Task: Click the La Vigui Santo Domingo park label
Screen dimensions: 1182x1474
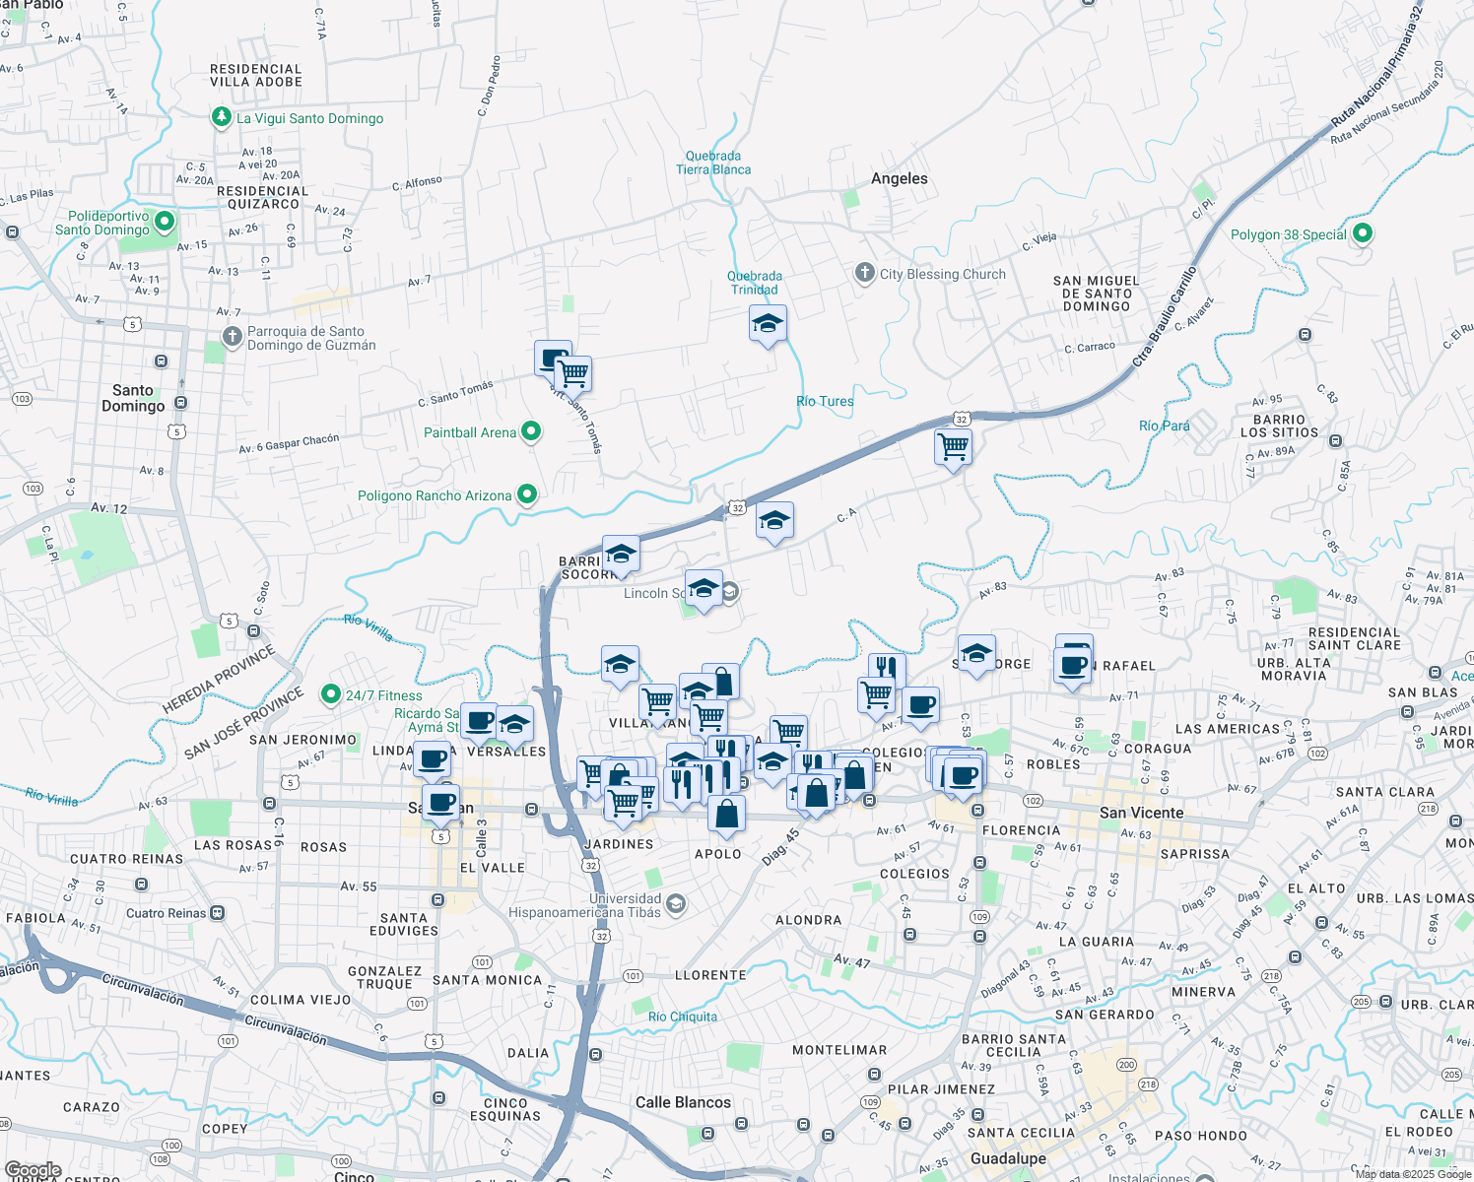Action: click(x=309, y=118)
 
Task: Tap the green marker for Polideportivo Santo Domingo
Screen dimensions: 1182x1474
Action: click(x=166, y=222)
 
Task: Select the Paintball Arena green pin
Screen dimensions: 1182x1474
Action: click(x=531, y=431)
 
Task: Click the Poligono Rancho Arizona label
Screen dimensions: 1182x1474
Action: click(x=435, y=495)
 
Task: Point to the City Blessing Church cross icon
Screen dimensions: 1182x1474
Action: click(x=865, y=273)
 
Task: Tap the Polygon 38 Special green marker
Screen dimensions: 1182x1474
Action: click(x=1363, y=233)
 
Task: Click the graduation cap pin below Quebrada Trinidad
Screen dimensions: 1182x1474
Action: click(x=768, y=324)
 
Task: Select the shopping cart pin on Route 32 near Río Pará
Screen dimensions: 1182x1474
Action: click(x=953, y=447)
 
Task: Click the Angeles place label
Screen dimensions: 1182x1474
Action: click(x=899, y=178)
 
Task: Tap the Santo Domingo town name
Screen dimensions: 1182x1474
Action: click(x=133, y=398)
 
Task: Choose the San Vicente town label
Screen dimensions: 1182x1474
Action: click(x=1141, y=813)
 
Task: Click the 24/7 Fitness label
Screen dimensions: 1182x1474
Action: click(x=383, y=695)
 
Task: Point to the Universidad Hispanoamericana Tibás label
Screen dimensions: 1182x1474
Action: click(x=585, y=905)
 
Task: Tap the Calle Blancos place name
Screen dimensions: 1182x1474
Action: click(x=683, y=1102)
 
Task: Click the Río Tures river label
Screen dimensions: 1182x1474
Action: click(x=825, y=401)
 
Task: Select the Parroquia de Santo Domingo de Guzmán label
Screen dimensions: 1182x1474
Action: click(x=311, y=338)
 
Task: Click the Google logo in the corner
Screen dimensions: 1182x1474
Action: click(x=33, y=1170)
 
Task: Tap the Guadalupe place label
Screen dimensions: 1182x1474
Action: click(x=1008, y=1158)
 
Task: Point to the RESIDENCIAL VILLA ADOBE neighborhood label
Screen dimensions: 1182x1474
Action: click(x=256, y=76)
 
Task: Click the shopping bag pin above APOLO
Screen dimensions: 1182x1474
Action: click(x=726, y=814)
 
